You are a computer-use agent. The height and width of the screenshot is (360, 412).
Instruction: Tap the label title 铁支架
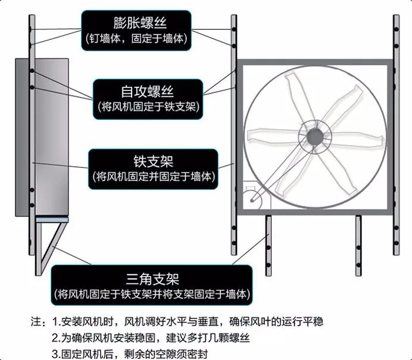click(153, 160)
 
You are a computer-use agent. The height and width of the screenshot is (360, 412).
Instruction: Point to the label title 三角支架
click(153, 278)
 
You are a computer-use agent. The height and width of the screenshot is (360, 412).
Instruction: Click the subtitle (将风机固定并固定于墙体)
click(153, 177)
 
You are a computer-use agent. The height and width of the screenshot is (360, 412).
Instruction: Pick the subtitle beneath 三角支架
click(152, 295)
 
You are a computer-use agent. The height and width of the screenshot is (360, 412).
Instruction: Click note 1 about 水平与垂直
click(188, 322)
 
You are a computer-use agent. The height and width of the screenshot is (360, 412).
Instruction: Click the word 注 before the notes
click(36, 322)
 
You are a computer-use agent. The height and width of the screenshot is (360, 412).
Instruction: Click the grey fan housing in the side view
click(51, 137)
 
